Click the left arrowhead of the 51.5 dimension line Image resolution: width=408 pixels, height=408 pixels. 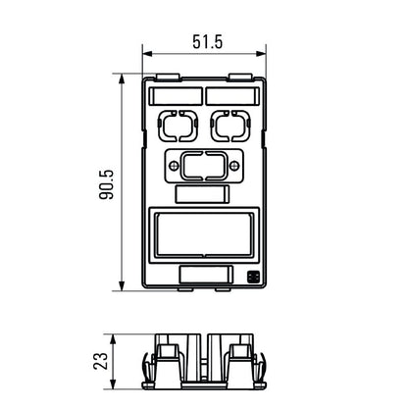147,55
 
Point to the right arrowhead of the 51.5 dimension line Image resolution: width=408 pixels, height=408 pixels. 261,55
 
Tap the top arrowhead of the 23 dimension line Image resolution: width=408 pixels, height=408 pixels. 121,335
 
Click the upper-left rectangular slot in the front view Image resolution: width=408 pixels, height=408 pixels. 176,96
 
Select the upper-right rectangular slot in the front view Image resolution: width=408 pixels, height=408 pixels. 231,96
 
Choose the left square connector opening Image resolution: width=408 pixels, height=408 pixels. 176,127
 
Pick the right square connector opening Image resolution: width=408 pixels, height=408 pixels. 231,127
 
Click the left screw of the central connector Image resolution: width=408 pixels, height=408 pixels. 176,167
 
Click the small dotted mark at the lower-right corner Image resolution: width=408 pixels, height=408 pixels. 253,278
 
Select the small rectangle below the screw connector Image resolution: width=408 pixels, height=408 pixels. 203,193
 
